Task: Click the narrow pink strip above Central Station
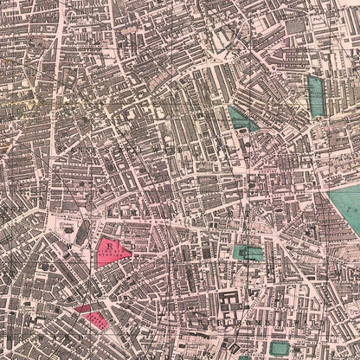click(x=82, y=307)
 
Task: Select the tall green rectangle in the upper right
click(x=317, y=96)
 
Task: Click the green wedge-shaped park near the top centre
click(x=241, y=119)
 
